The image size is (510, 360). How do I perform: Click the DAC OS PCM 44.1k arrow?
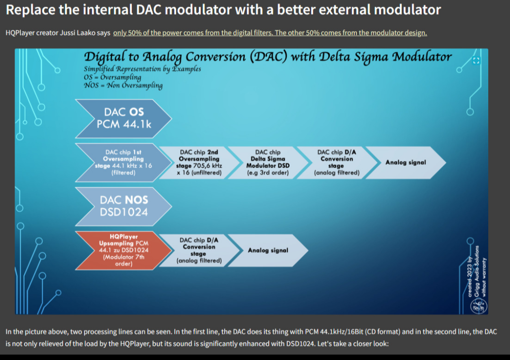point(124,118)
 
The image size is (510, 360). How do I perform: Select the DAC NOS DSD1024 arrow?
point(124,206)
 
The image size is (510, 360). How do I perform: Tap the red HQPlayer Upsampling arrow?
point(124,250)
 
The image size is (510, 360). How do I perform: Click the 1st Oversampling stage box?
point(124,162)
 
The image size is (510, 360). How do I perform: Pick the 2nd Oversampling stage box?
point(199,162)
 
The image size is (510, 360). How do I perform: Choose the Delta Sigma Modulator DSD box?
point(268,162)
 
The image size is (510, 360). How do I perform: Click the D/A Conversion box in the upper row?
point(337,162)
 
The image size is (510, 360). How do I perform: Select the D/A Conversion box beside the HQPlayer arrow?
point(199,250)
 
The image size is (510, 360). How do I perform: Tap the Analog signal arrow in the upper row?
point(406,162)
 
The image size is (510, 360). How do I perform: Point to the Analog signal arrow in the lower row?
point(268,250)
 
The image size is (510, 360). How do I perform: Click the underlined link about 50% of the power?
point(270,33)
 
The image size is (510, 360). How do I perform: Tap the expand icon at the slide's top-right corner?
point(476,61)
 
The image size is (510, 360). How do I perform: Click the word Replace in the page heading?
point(30,10)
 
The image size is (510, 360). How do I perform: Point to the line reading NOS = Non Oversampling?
point(123,85)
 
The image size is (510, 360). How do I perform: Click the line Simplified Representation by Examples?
point(143,69)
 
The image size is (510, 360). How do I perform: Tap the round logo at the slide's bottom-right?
point(479,306)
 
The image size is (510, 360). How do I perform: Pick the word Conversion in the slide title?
point(216,57)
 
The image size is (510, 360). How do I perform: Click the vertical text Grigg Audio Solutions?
point(477,271)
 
